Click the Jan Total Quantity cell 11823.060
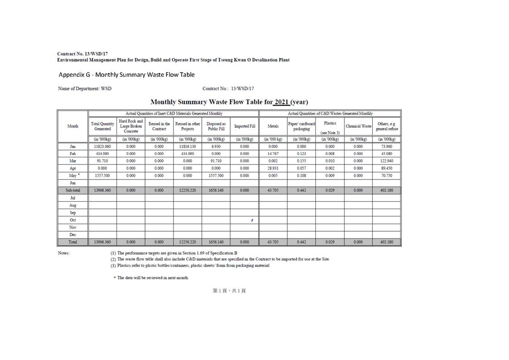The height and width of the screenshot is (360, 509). [x=102, y=146]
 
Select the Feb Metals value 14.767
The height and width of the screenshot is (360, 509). [x=273, y=154]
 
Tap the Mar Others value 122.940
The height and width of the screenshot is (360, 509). [x=387, y=161]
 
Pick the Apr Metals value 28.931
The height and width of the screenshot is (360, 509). [x=273, y=168]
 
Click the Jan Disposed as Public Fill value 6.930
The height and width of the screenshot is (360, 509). [x=216, y=146]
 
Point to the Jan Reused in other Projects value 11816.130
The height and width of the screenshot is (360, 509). [x=187, y=146]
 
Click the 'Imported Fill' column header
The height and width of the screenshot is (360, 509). [x=244, y=126]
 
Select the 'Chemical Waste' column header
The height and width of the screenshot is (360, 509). [x=358, y=126]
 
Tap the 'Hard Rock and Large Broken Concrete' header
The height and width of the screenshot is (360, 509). [x=131, y=126]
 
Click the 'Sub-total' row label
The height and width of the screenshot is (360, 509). [x=73, y=190]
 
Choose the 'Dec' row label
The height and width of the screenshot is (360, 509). [x=73, y=234]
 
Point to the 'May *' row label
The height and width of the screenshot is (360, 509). [x=73, y=175]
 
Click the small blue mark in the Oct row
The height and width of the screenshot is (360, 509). [x=252, y=220]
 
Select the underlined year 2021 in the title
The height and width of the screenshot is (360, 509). [x=281, y=102]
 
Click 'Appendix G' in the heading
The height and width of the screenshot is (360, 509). [x=74, y=74]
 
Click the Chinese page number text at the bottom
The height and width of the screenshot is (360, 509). [x=229, y=291]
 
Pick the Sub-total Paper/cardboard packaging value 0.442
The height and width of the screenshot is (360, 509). [x=301, y=190]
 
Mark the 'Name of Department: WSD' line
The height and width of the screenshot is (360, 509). [x=85, y=88]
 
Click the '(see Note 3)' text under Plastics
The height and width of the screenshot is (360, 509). [x=330, y=132]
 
